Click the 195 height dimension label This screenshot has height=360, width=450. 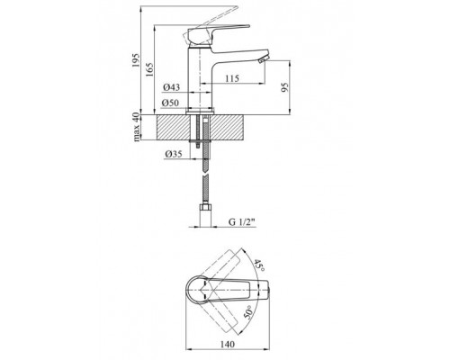coord(136,60)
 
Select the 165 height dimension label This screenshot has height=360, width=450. coord(149,69)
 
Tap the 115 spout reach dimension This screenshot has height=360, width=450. coord(232,78)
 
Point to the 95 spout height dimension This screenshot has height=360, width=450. coord(284,87)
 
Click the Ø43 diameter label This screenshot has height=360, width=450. coord(172,87)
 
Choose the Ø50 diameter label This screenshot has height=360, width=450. coord(170,103)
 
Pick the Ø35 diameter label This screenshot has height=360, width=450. coord(174,154)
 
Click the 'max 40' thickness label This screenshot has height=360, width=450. coord(137,127)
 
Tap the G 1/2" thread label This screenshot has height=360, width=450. coord(241,222)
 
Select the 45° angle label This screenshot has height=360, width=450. coord(259,265)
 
